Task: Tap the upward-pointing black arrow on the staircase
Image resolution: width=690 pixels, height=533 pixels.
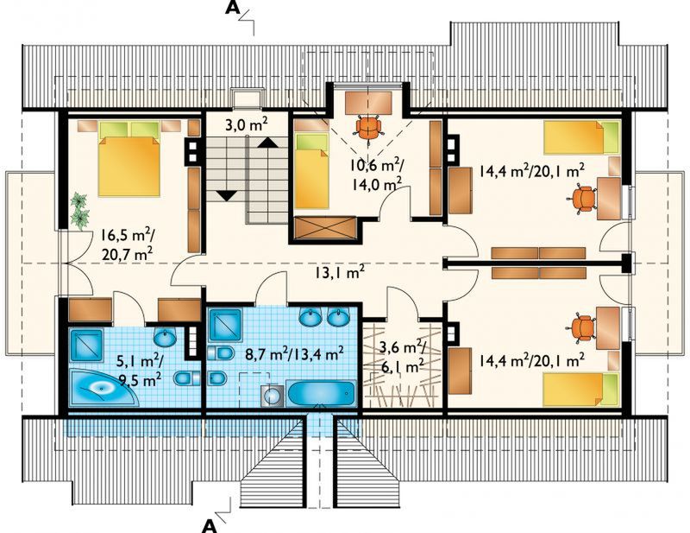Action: click(x=267, y=143)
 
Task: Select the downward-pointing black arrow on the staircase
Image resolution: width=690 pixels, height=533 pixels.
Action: click(x=228, y=195)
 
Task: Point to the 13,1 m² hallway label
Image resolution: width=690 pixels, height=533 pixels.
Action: click(x=339, y=272)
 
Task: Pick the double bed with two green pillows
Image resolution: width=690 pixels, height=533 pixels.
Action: click(x=129, y=159)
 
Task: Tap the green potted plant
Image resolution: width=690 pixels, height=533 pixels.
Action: click(x=80, y=211)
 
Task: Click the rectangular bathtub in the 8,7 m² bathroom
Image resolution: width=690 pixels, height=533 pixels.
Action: click(x=321, y=393)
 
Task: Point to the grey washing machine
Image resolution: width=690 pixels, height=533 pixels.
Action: click(x=273, y=396)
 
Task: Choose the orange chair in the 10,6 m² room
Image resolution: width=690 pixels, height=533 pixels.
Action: click(x=368, y=127)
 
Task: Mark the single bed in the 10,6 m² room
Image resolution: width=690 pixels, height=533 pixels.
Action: click(x=312, y=171)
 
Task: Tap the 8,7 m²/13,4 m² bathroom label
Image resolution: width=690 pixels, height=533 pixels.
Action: click(x=294, y=354)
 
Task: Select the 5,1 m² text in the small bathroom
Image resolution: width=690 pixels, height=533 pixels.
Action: click(x=140, y=363)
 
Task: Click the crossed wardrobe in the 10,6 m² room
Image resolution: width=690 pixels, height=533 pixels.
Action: click(x=325, y=229)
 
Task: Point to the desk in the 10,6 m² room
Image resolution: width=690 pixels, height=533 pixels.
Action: click(x=368, y=103)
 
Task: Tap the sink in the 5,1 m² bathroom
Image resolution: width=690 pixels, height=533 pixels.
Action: click(x=165, y=337)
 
